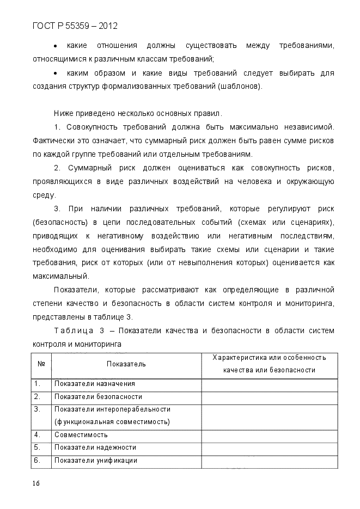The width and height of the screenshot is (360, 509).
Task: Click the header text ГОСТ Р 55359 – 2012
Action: point(75,26)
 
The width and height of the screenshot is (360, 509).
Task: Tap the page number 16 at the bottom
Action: point(36,483)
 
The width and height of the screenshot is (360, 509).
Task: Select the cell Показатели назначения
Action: point(94,384)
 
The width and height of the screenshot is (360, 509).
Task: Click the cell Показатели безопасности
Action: point(98,397)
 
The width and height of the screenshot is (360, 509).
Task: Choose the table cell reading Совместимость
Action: point(81,435)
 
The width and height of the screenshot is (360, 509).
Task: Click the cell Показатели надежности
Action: point(95,447)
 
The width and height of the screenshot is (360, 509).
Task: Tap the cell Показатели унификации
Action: point(95,461)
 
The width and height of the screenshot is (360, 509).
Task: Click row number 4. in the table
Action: point(38,435)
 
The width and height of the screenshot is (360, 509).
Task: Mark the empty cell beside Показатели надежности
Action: point(269,447)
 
